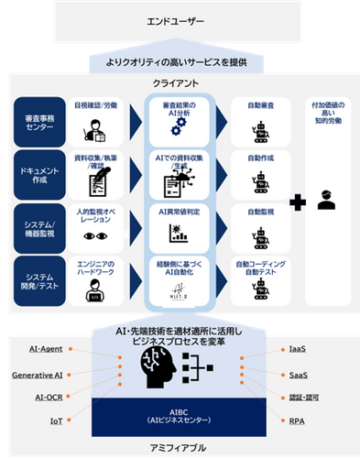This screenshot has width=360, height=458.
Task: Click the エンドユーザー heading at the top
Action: [x=180, y=19]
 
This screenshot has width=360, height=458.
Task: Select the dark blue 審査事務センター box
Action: [x=37, y=121]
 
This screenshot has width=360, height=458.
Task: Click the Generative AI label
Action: [x=37, y=375]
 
